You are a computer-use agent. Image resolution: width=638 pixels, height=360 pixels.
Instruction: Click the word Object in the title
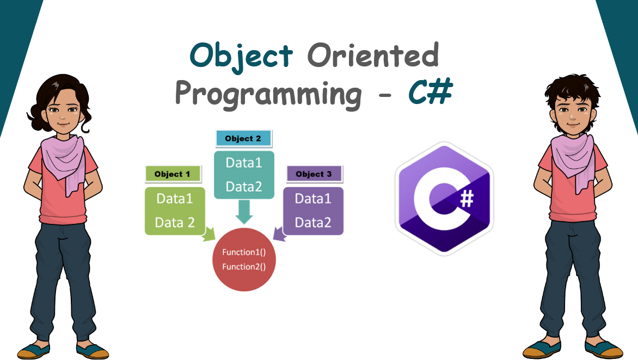[241, 57]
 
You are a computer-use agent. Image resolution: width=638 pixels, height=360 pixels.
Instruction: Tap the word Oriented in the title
[373, 55]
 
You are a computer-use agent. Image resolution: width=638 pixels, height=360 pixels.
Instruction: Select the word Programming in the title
[268, 94]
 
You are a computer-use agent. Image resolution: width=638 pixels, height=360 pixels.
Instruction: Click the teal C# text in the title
[431, 91]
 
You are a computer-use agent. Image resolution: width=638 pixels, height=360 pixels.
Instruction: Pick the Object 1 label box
[173, 174]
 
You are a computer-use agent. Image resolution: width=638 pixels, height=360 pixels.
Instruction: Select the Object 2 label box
[243, 138]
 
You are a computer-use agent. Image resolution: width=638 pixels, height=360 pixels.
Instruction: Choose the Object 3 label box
[314, 174]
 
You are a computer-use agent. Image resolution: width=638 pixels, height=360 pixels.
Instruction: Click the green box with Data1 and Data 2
[175, 211]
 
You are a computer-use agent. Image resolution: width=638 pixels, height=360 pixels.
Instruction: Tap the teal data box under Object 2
[244, 175]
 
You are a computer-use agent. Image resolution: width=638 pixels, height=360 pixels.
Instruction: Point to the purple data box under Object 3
[314, 211]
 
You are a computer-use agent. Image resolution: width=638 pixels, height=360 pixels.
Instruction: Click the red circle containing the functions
[244, 259]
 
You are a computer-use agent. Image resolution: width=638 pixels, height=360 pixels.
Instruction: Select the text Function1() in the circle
[244, 252]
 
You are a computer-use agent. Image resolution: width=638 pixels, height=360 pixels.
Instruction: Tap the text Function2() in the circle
[244, 267]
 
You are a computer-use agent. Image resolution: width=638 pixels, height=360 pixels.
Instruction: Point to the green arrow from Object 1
[208, 234]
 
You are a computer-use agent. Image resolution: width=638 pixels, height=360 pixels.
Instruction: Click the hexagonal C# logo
[444, 199]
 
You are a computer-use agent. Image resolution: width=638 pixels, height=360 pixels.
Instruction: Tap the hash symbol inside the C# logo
[467, 199]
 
